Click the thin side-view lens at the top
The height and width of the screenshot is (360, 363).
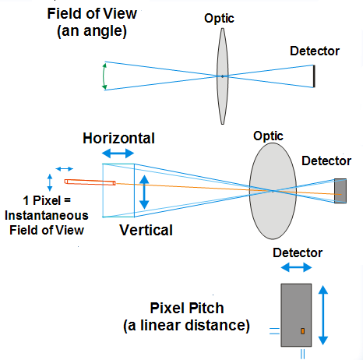click(x=223, y=76)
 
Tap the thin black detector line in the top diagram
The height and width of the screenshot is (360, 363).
click(x=314, y=76)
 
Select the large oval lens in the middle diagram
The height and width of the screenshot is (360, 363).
click(x=273, y=191)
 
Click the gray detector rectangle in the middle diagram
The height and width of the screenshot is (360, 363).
click(x=340, y=191)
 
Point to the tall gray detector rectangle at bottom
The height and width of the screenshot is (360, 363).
click(x=296, y=315)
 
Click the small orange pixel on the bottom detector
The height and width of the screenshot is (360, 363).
click(x=302, y=331)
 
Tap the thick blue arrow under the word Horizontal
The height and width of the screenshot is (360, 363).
click(x=118, y=154)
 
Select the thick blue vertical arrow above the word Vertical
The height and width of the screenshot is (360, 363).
click(x=144, y=192)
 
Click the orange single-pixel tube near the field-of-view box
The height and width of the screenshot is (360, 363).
click(x=90, y=182)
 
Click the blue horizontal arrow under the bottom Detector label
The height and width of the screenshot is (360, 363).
click(x=296, y=267)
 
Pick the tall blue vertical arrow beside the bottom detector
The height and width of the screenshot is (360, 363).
click(x=323, y=315)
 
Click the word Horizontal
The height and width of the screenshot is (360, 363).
click(x=118, y=138)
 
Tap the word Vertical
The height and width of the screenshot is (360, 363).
click(x=146, y=230)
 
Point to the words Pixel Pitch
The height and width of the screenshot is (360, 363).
click(x=187, y=309)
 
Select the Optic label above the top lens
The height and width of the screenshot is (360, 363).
click(x=219, y=18)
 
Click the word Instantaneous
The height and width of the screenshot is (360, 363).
click(x=47, y=216)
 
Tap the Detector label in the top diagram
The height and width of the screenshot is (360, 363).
click(x=315, y=51)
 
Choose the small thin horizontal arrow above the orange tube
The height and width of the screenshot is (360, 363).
click(x=65, y=169)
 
